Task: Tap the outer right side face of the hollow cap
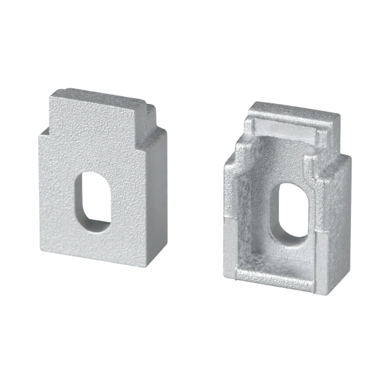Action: point(336,214)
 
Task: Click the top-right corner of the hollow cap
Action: point(339,117)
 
